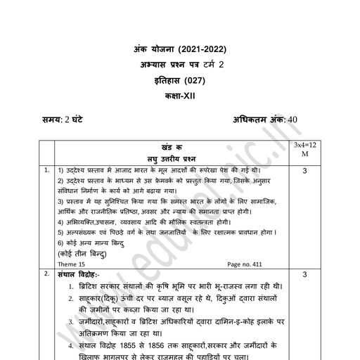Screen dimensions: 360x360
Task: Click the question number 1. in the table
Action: tap(45, 170)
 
